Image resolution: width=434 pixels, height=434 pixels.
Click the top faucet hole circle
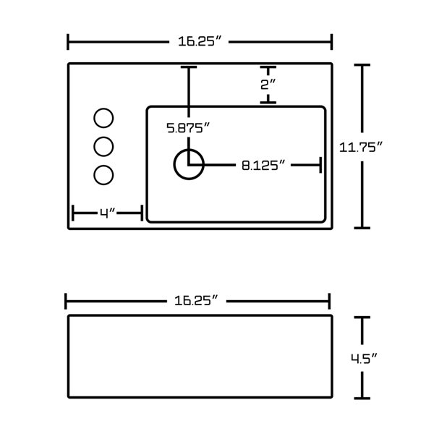pos(103,118)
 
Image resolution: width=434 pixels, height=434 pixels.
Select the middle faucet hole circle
pos(103,146)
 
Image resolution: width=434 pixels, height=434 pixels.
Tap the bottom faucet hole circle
pos(103,175)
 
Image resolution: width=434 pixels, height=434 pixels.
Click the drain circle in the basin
pos(189,164)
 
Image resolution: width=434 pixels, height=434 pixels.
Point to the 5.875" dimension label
pos(188,128)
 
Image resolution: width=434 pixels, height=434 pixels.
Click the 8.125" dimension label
pos(263,165)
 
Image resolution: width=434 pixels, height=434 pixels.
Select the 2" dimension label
pos(268,84)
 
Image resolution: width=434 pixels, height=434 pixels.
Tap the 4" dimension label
pos(107,213)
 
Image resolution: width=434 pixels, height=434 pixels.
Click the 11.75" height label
pos(361,147)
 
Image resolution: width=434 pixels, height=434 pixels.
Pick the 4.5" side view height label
pos(364,359)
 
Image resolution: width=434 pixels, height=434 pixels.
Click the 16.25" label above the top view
pos(200,41)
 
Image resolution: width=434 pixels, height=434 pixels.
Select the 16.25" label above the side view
pos(196,301)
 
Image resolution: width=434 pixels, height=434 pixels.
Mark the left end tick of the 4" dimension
pos(73,213)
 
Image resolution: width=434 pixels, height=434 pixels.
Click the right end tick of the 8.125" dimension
pos(320,165)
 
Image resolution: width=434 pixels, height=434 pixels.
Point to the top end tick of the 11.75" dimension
pos(362,65)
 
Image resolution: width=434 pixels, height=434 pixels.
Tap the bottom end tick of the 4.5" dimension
pos(362,399)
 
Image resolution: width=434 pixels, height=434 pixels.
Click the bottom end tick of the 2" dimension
pos(268,103)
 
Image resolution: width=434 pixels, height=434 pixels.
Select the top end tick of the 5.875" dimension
pos(189,67)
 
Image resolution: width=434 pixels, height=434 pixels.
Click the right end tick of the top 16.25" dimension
pos(331,42)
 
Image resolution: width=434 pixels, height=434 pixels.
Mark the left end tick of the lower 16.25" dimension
pos(66,301)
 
